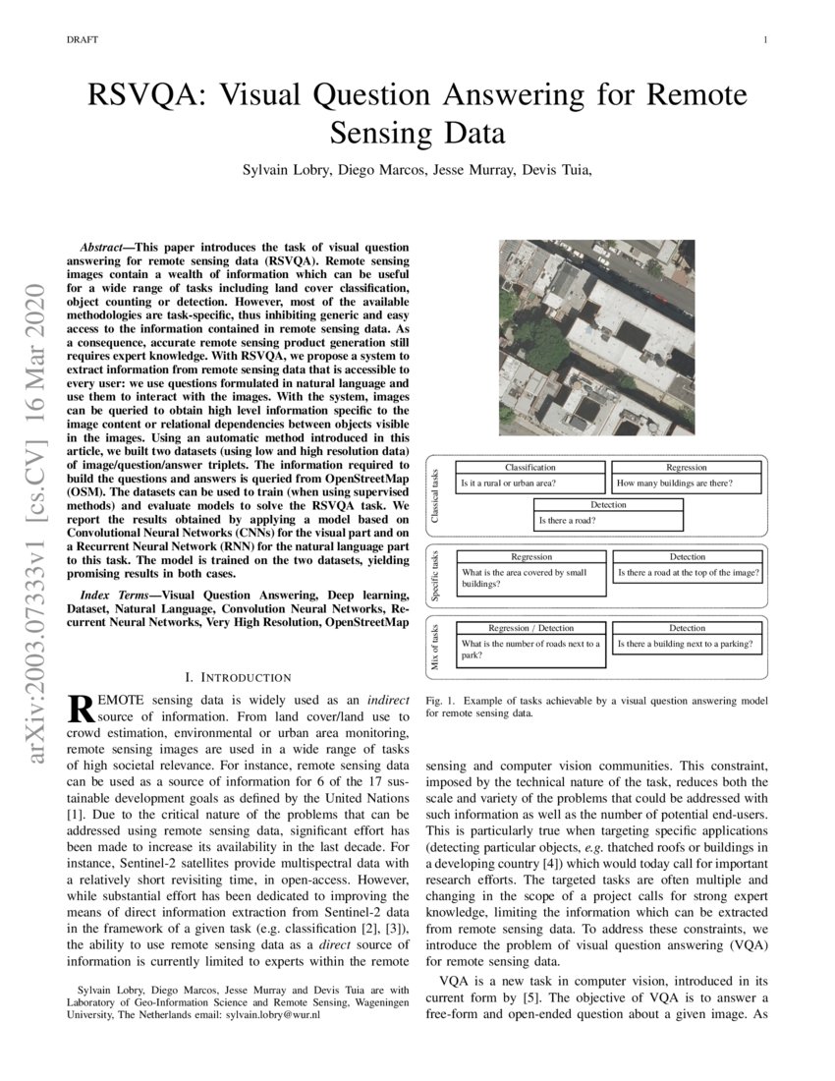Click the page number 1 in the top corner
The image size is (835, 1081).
coord(763,40)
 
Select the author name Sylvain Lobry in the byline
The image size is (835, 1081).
coord(287,169)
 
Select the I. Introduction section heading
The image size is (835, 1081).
coord(238,677)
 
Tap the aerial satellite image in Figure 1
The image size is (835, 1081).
coord(596,340)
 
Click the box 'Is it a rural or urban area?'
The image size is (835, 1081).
coord(530,484)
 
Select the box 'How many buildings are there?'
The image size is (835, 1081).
coord(687,484)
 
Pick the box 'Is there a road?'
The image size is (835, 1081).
coord(608,520)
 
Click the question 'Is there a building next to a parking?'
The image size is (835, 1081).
coord(687,645)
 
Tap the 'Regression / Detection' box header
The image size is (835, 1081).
coord(530,628)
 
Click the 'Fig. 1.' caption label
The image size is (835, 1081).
coord(441,701)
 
